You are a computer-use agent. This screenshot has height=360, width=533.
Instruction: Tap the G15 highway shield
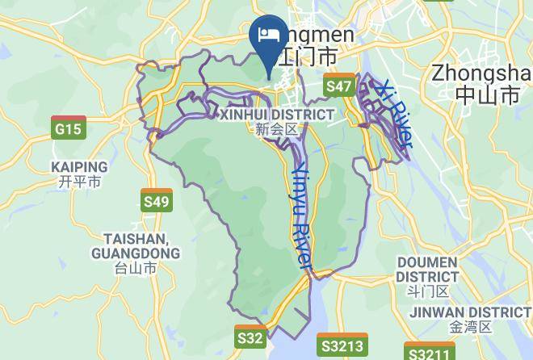(x=68, y=128)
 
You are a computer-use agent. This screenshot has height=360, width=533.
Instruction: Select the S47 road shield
(x=339, y=86)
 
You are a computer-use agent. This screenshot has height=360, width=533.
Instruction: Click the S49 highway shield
(x=156, y=200)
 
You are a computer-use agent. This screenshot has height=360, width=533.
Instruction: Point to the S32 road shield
(x=250, y=337)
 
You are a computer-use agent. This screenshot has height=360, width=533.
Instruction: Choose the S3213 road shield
(x=342, y=345)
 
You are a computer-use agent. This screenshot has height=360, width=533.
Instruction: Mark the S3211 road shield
(x=428, y=353)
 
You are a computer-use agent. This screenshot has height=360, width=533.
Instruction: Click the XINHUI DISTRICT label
(x=276, y=115)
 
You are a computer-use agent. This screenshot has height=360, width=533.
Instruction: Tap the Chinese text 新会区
(x=276, y=129)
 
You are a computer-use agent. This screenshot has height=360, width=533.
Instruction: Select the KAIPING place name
(x=79, y=167)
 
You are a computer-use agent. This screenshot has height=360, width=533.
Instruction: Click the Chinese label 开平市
(x=79, y=182)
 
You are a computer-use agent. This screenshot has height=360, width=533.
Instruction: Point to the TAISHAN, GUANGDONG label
(x=136, y=246)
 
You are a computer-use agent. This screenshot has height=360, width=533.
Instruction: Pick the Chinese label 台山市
(x=136, y=268)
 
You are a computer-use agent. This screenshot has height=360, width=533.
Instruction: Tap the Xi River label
(x=395, y=113)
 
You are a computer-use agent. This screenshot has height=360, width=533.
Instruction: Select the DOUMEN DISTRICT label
(x=427, y=270)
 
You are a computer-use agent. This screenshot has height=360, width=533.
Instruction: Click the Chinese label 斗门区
(x=427, y=291)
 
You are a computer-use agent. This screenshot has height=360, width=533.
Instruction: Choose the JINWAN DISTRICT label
(x=470, y=312)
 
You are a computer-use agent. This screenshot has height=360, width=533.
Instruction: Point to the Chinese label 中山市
(x=487, y=95)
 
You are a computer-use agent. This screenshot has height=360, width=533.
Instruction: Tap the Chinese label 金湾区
(x=470, y=327)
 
